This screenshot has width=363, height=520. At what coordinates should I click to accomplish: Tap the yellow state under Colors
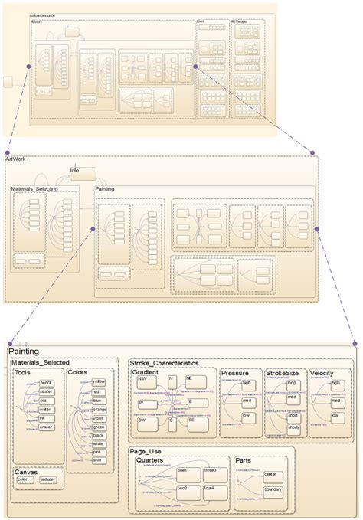(x=99, y=381)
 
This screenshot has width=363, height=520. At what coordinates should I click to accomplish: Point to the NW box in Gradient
(x=143, y=380)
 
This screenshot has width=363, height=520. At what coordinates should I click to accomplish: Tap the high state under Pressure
(x=247, y=383)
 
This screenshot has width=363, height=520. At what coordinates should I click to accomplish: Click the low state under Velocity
(x=336, y=417)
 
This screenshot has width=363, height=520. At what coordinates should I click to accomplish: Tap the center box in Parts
(x=270, y=475)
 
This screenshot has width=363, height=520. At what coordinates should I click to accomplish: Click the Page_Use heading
(x=146, y=452)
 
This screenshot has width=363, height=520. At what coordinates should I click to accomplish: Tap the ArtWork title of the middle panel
(x=15, y=159)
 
